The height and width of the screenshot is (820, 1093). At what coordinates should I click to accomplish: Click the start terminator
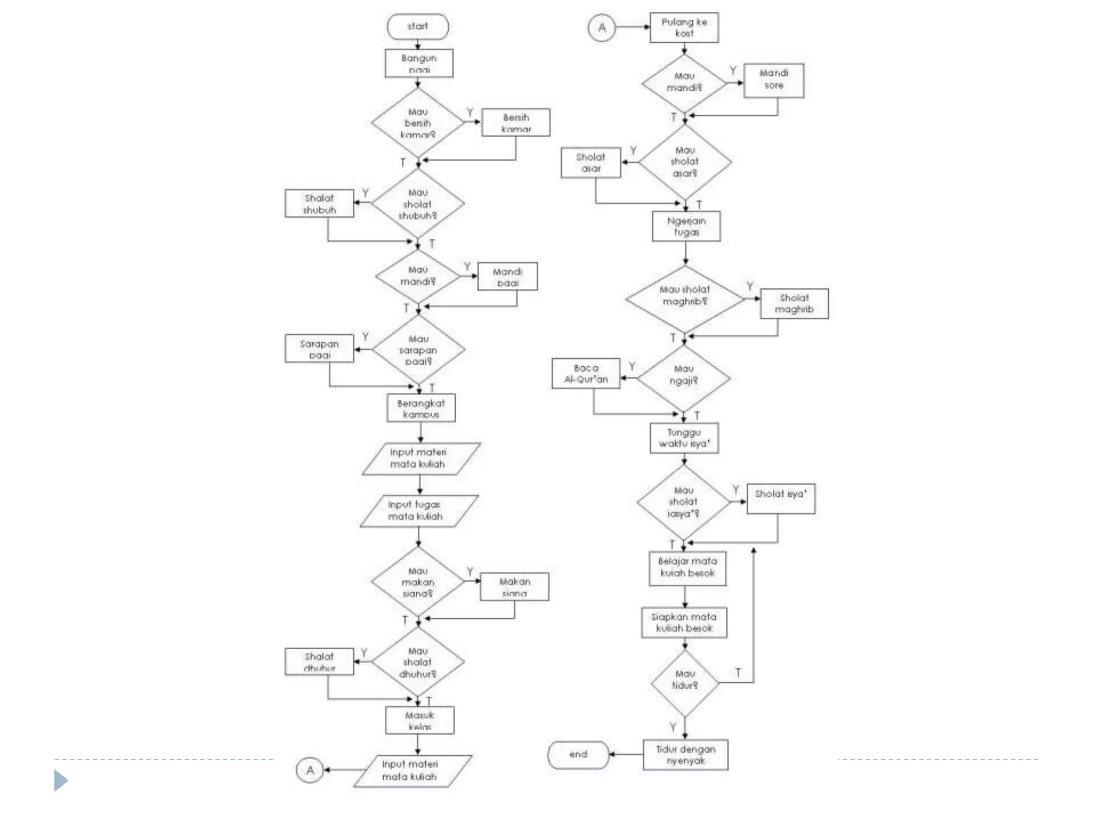tap(418, 27)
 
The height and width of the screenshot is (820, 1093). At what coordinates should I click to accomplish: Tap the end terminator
tap(578, 754)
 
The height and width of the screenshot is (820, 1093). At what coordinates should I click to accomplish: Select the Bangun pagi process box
tap(419, 64)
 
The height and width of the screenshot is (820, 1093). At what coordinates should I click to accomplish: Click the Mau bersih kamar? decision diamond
tap(418, 123)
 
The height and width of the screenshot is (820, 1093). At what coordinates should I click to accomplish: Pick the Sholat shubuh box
tap(319, 203)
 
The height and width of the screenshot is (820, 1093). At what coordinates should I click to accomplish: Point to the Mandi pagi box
tap(507, 277)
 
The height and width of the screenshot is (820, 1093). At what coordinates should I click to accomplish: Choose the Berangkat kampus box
tap(421, 408)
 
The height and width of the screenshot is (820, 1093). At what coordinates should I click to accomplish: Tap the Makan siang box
tap(514, 587)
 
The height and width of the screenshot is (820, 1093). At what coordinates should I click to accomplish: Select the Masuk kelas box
tap(420, 720)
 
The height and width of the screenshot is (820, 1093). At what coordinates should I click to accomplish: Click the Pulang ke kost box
tap(684, 28)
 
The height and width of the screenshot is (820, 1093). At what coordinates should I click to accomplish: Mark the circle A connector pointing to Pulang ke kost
tap(601, 28)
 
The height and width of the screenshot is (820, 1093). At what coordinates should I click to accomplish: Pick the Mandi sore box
tap(774, 80)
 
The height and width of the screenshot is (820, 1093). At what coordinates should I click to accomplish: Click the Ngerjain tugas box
tap(686, 226)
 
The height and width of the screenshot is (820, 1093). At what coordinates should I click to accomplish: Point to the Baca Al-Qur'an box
tap(586, 374)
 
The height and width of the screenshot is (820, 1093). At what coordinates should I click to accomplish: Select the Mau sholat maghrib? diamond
tap(685, 298)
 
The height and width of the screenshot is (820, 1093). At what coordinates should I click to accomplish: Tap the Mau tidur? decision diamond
tap(685, 683)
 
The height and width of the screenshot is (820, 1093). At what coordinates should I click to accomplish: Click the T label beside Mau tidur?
tap(738, 672)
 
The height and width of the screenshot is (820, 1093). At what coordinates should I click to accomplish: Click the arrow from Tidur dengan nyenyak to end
tap(625, 754)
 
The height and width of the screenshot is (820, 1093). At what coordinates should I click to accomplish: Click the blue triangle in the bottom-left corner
tap(61, 780)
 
